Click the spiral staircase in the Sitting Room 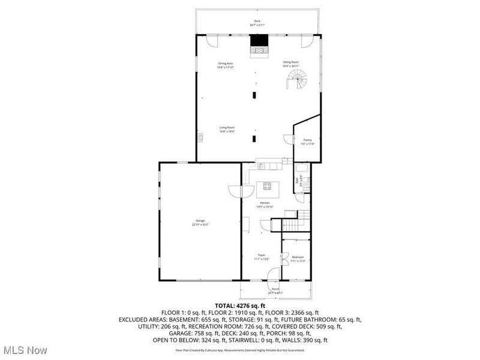[296, 79]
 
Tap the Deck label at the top [257, 22]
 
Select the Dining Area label [225, 63]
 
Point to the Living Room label [226, 127]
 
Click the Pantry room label [307, 140]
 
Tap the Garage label [200, 221]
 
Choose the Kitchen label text [265, 203]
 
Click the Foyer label [262, 255]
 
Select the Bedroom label [298, 257]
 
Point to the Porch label [275, 289]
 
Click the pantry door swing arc [288, 140]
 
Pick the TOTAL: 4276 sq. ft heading [240, 305]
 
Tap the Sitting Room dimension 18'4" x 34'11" [291, 66]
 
